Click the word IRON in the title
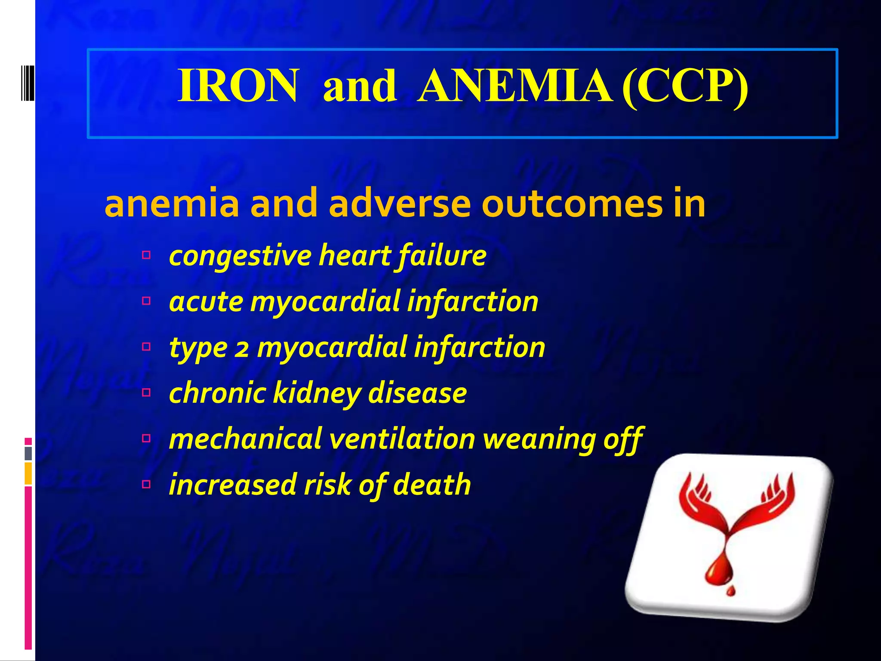coord(238,86)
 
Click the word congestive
coord(240,256)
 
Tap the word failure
coord(442,256)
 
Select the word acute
coord(206,302)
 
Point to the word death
coord(432,485)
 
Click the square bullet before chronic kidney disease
coord(146,392)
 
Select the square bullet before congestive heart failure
coord(146,255)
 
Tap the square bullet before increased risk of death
coord(146,485)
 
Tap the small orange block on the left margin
coord(28,473)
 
